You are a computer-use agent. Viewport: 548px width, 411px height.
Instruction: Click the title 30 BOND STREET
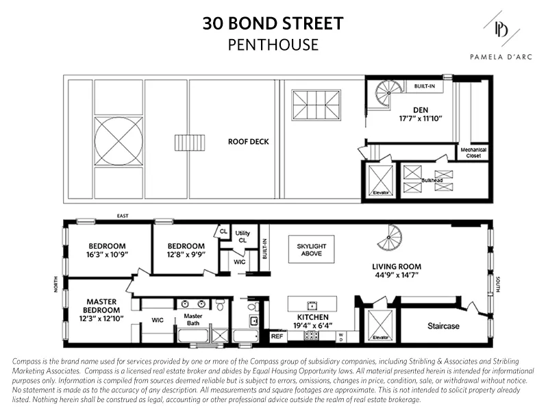[273, 25]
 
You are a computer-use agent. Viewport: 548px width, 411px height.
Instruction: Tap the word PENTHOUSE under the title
[273, 45]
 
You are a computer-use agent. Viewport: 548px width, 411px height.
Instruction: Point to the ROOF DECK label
[249, 142]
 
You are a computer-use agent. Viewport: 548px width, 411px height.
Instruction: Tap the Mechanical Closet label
[471, 153]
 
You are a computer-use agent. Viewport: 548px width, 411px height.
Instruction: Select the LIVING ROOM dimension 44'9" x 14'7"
[396, 275]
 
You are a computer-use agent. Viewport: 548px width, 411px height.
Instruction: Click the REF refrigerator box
[277, 336]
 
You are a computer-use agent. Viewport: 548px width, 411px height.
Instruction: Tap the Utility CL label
[242, 236]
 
